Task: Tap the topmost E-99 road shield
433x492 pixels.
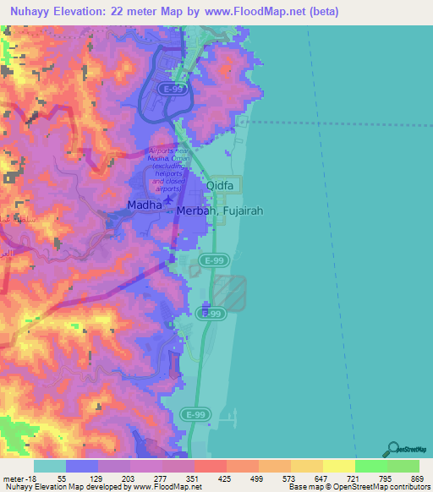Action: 174,87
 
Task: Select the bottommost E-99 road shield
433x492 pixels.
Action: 193,413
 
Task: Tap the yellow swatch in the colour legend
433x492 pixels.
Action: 338,466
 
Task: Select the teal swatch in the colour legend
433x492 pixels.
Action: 49,466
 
